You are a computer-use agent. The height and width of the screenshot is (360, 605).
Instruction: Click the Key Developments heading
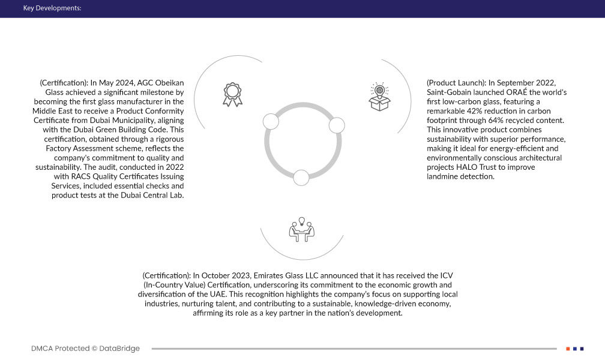coord(52,8)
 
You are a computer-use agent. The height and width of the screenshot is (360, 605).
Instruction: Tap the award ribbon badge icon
coord(233,95)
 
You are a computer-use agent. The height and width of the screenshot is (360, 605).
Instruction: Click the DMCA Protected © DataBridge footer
coord(85,348)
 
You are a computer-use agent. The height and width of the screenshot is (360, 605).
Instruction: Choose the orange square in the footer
coord(568,348)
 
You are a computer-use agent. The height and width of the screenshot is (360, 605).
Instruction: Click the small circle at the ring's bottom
coord(301,177)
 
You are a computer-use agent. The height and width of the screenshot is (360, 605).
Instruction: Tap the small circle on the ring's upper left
coord(271,122)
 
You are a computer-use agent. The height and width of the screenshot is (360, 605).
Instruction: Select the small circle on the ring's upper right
coord(337,125)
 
